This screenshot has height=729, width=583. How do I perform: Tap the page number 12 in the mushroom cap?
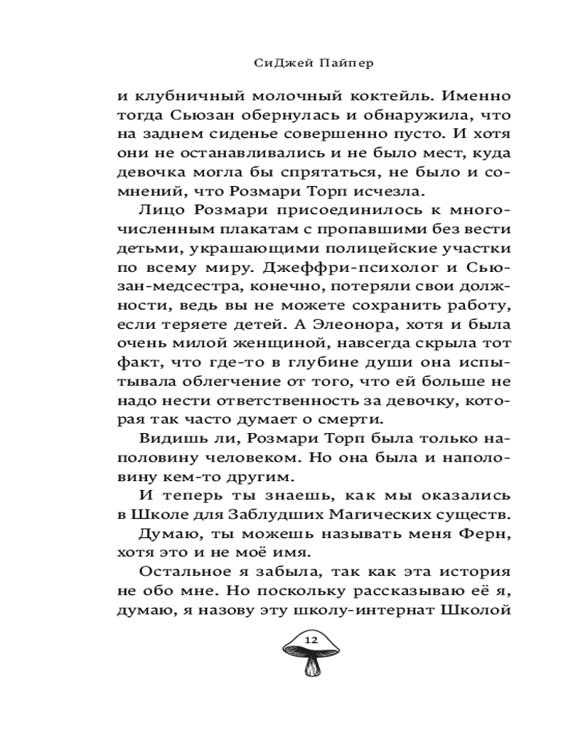(x=311, y=639)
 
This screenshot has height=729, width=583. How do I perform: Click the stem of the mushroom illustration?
(x=312, y=666)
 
